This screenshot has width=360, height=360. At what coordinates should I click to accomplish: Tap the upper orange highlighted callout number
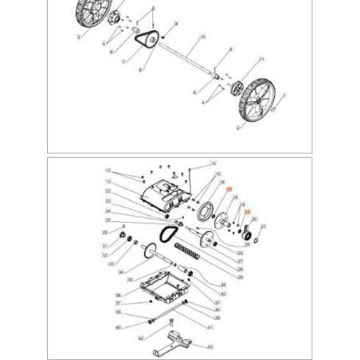pos(229,190)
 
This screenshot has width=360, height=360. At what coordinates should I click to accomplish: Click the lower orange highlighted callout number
pos(247,212)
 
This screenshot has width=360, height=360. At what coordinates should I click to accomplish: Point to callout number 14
pos(214,163)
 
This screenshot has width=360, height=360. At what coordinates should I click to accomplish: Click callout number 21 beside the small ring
pos(264,227)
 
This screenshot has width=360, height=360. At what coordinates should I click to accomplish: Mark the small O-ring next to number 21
pos(255,236)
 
